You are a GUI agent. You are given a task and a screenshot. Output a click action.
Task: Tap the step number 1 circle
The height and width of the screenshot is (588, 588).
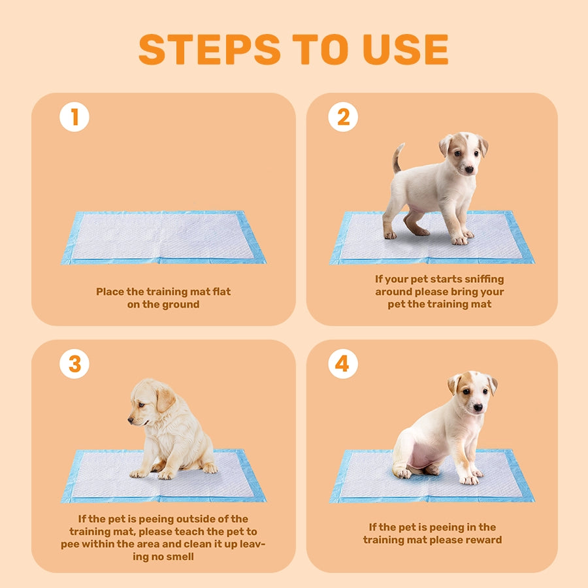[x=74, y=117]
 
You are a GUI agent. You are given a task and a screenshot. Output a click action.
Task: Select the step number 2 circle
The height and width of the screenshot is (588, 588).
[x=343, y=117]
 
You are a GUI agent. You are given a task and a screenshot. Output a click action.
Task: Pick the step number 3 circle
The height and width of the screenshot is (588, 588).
[x=74, y=364]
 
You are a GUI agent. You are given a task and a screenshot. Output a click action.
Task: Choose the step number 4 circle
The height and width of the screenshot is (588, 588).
[x=343, y=364]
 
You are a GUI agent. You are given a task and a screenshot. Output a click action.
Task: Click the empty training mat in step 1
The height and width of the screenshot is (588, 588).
[x=163, y=237]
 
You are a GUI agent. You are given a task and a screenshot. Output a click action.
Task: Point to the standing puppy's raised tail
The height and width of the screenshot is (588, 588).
[x=397, y=157]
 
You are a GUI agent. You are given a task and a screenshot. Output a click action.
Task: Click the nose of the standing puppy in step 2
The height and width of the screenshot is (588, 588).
[x=468, y=169]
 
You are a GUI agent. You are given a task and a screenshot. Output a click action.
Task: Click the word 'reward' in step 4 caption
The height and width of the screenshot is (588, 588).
[x=483, y=540]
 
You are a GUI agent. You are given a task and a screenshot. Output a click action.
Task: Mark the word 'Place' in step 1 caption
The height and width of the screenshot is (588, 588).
[x=110, y=291]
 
